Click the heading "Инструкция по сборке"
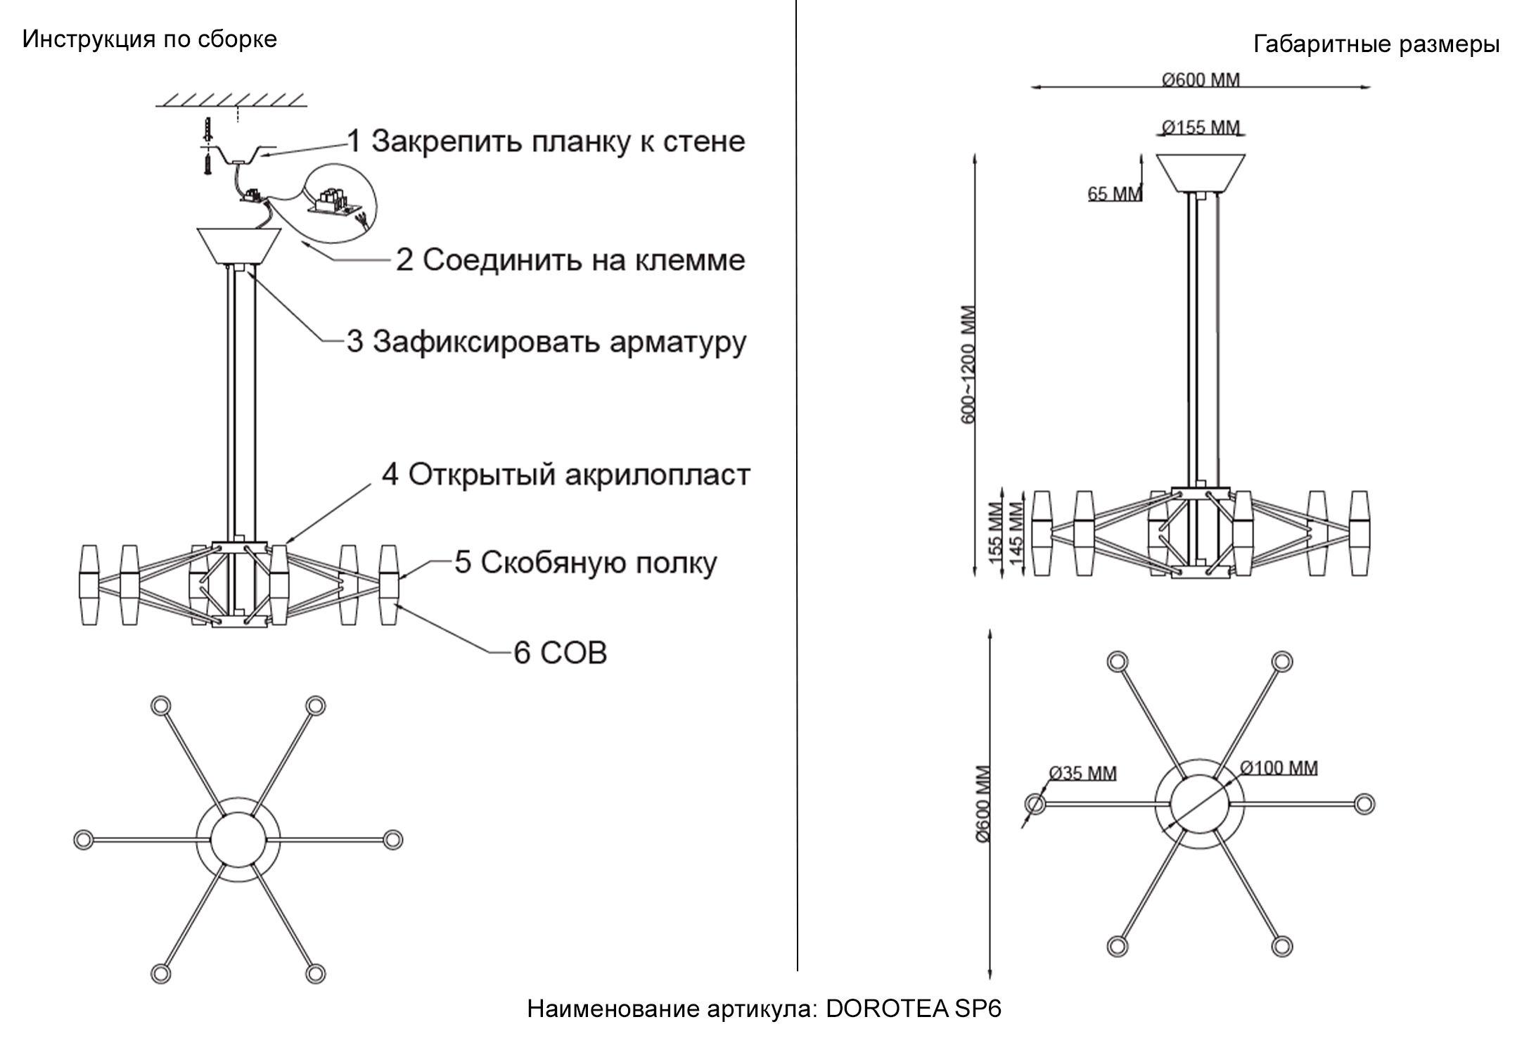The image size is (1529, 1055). click(x=149, y=39)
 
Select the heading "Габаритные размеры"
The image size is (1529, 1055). click(x=1376, y=44)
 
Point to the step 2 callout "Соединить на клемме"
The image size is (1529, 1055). click(x=570, y=260)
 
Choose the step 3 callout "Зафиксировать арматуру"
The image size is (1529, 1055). click(x=546, y=342)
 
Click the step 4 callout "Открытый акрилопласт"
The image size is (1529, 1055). click(x=566, y=475)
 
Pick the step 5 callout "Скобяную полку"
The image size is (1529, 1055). click(x=585, y=563)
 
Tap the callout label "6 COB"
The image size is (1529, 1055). click(x=560, y=653)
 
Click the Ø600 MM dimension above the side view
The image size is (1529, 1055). click(x=1201, y=79)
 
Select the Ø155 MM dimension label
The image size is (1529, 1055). click(x=1201, y=127)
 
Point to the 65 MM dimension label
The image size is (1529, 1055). click(x=1114, y=193)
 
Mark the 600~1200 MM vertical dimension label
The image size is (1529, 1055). click(x=968, y=364)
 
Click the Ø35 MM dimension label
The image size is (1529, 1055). click(x=1082, y=774)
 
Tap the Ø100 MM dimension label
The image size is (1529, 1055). click(x=1278, y=768)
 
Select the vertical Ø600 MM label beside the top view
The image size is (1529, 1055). click(x=983, y=803)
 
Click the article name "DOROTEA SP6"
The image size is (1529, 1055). click(x=913, y=1009)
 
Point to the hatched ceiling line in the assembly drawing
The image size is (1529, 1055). click(x=231, y=99)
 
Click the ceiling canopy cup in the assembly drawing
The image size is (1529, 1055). click(x=239, y=245)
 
